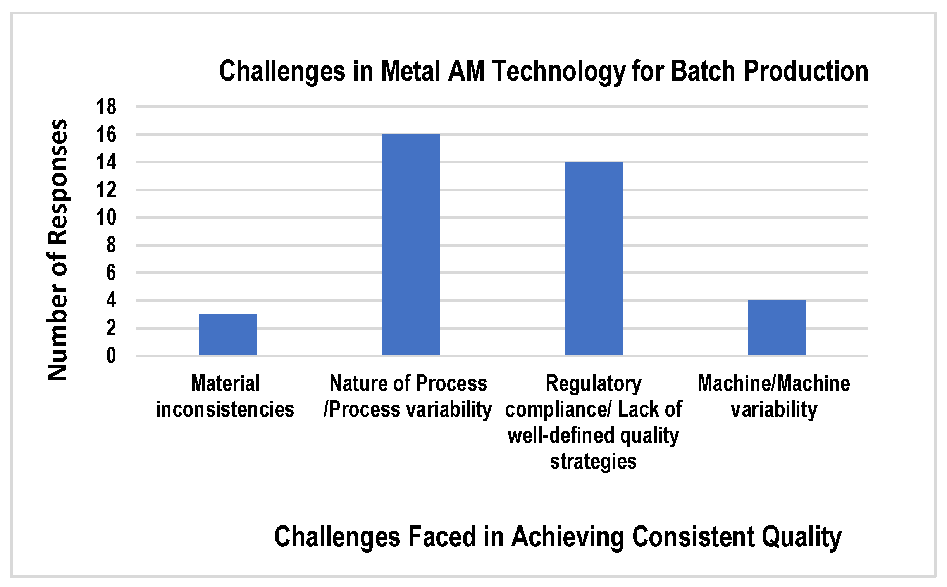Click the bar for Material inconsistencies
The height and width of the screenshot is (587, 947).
(x=228, y=334)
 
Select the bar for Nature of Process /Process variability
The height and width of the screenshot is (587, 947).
(x=411, y=245)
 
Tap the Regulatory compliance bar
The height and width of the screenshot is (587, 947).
(x=594, y=258)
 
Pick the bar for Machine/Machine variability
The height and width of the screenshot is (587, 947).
(x=777, y=328)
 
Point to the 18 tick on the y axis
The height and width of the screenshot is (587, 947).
(x=107, y=106)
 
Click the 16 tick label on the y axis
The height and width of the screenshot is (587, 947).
(x=107, y=134)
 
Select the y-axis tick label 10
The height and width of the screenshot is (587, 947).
(x=107, y=217)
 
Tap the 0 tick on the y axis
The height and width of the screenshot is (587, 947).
(x=111, y=355)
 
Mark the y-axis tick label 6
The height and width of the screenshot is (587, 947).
(x=111, y=273)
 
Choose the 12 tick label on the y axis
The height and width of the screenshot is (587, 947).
(x=107, y=190)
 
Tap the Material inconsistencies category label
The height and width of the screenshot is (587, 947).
(x=225, y=396)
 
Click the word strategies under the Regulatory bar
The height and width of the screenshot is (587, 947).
(x=593, y=461)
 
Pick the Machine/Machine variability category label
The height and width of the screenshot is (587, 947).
(x=774, y=396)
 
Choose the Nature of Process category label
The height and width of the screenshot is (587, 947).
(x=408, y=396)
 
